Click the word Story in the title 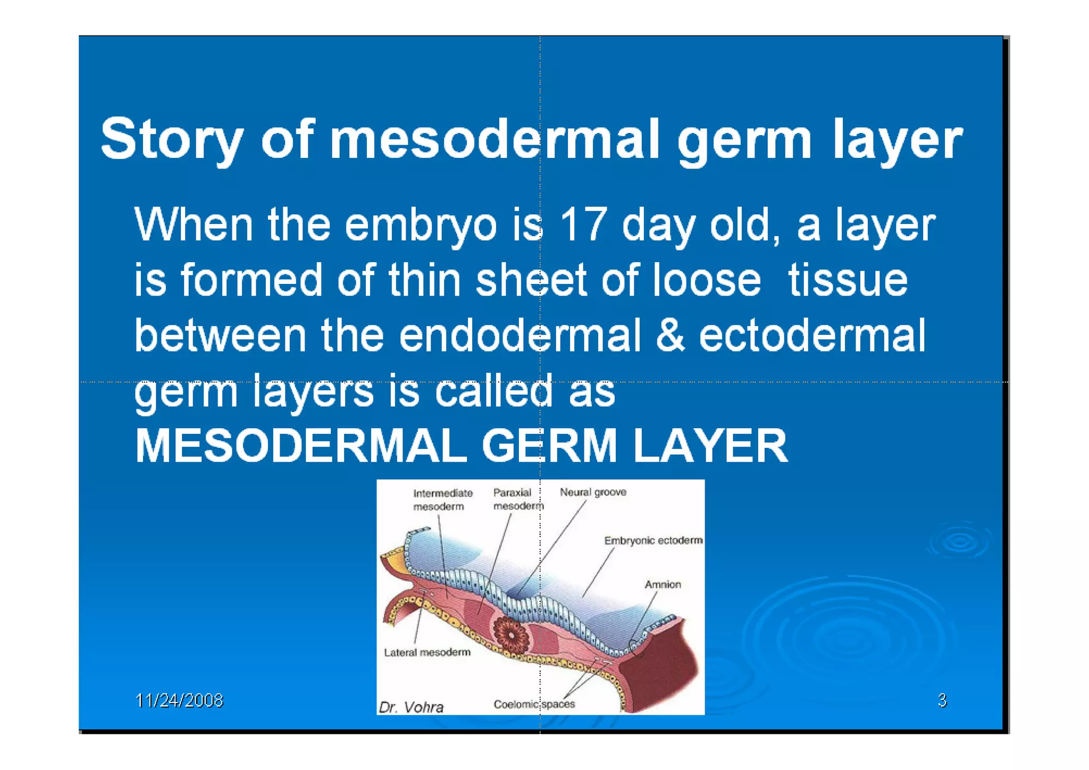pyautogui.click(x=171, y=139)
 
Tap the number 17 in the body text pyautogui.click(x=583, y=225)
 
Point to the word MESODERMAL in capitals pyautogui.click(x=301, y=446)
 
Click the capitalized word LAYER pyautogui.click(x=710, y=446)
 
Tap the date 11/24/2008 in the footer pyautogui.click(x=179, y=700)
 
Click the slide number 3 pyautogui.click(x=942, y=700)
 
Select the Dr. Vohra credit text pyautogui.click(x=411, y=707)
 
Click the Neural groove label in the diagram pyautogui.click(x=592, y=492)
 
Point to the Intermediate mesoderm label pyautogui.click(x=442, y=499)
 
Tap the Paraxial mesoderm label pyautogui.click(x=517, y=499)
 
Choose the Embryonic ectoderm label pyautogui.click(x=652, y=540)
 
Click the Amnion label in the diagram pyautogui.click(x=662, y=584)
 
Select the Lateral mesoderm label pyautogui.click(x=427, y=652)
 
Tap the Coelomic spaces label pyautogui.click(x=534, y=704)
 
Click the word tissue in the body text pyautogui.click(x=848, y=280)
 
